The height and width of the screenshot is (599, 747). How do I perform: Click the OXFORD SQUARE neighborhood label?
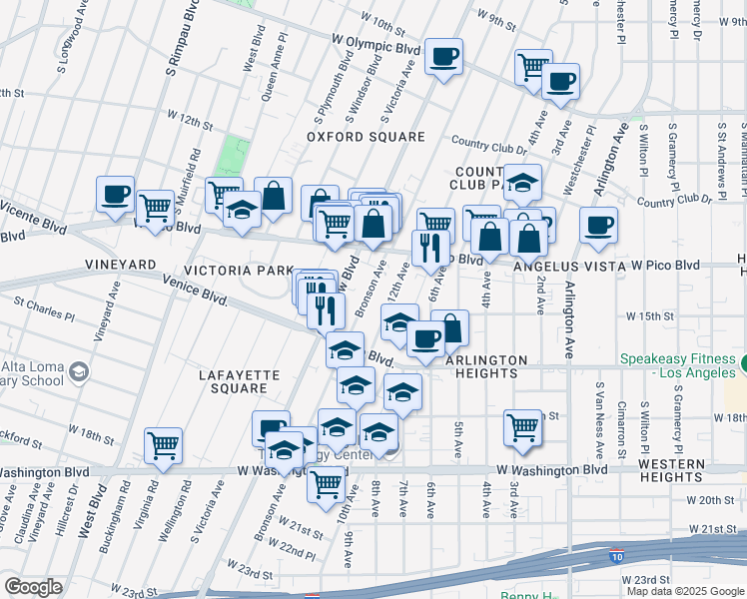[x=346, y=137]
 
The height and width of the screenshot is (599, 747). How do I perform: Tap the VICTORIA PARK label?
[x=238, y=271]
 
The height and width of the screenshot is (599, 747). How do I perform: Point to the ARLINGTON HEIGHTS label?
[x=486, y=366]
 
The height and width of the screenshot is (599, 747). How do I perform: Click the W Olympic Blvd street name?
[x=375, y=47]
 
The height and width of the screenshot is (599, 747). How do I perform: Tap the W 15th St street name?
[x=652, y=315]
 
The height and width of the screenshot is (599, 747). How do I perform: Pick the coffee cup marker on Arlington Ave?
[x=598, y=225]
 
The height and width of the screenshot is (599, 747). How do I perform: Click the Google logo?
[x=34, y=587]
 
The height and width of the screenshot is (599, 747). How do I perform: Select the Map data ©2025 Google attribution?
[x=684, y=590]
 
